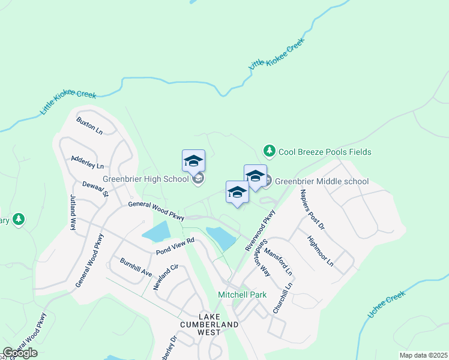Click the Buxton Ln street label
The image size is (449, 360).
pos(89,125)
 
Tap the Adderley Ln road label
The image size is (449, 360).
pos(87,161)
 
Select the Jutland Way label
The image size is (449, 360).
pos(73,212)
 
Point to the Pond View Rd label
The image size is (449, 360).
pos(176,246)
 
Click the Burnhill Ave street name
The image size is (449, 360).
pos(135,268)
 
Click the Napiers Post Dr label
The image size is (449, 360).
pos(312,209)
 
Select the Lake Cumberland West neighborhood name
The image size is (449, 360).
pos(209,320)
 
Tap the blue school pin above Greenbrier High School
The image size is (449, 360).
pos(193,161)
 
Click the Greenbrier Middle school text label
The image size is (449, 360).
pos(322,181)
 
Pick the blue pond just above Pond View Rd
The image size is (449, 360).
pos(156,230)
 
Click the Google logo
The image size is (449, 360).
pos(20,353)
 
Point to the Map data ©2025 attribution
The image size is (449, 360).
pos(423,355)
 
